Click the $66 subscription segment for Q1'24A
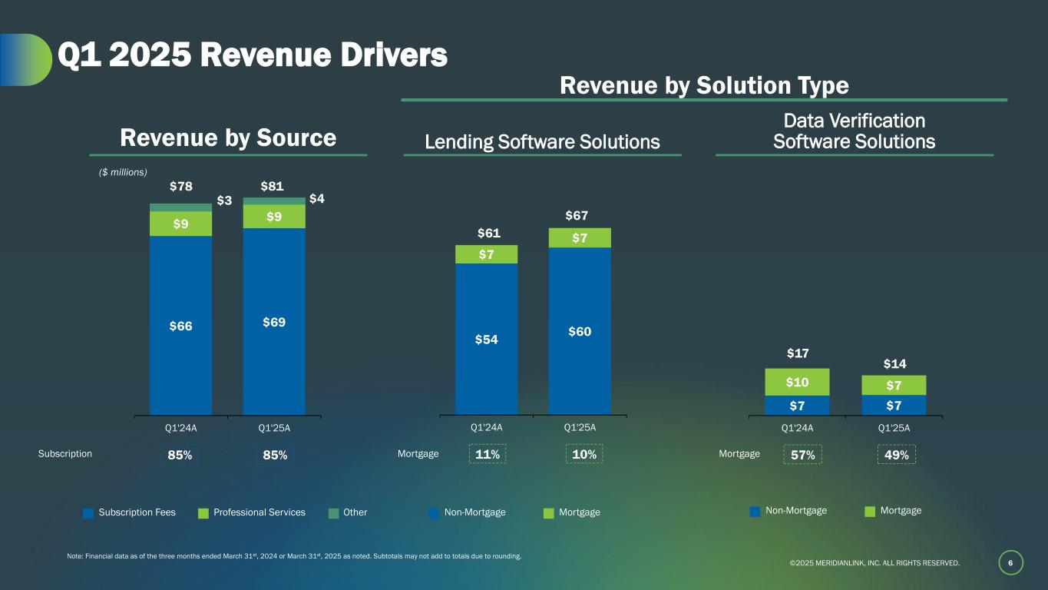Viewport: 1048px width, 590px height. click(x=180, y=326)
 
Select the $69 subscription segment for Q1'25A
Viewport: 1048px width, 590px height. click(x=274, y=323)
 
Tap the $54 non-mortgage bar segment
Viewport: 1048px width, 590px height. click(x=486, y=339)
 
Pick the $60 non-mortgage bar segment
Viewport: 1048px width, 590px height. click(x=580, y=331)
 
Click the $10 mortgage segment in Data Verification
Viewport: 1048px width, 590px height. click(x=796, y=383)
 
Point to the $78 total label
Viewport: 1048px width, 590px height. click(x=180, y=187)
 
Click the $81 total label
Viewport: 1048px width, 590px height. click(x=274, y=187)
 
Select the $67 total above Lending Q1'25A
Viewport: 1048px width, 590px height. click(x=580, y=216)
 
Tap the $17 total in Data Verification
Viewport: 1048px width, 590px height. click(x=797, y=353)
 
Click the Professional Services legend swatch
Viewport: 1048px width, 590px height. click(x=203, y=513)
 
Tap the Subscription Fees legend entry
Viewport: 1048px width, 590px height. click(x=130, y=512)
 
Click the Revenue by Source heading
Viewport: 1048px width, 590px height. click(x=228, y=138)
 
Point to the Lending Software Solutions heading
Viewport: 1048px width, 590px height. click(x=542, y=142)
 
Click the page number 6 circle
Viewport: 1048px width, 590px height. click(x=1011, y=563)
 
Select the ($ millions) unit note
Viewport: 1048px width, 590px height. click(x=123, y=172)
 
